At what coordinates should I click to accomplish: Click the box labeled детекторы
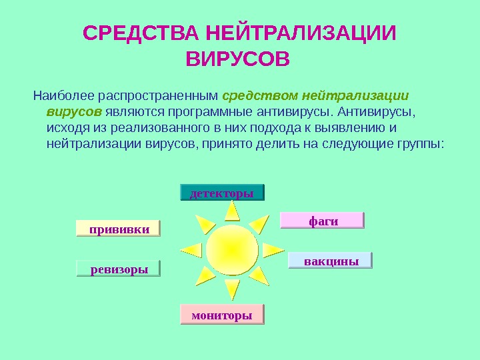point(223,193)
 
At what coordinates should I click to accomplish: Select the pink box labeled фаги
point(323,220)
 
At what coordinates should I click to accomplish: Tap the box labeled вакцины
point(331,261)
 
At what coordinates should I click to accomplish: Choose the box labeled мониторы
point(222,314)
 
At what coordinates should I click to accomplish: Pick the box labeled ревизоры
point(118,269)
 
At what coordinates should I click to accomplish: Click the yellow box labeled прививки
point(119,228)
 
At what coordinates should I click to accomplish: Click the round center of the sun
point(232,249)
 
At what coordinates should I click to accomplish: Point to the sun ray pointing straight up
point(232,211)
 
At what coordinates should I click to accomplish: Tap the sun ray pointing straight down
point(232,288)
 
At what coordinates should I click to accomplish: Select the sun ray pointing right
point(271,250)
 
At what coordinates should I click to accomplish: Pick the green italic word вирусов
point(74,110)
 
